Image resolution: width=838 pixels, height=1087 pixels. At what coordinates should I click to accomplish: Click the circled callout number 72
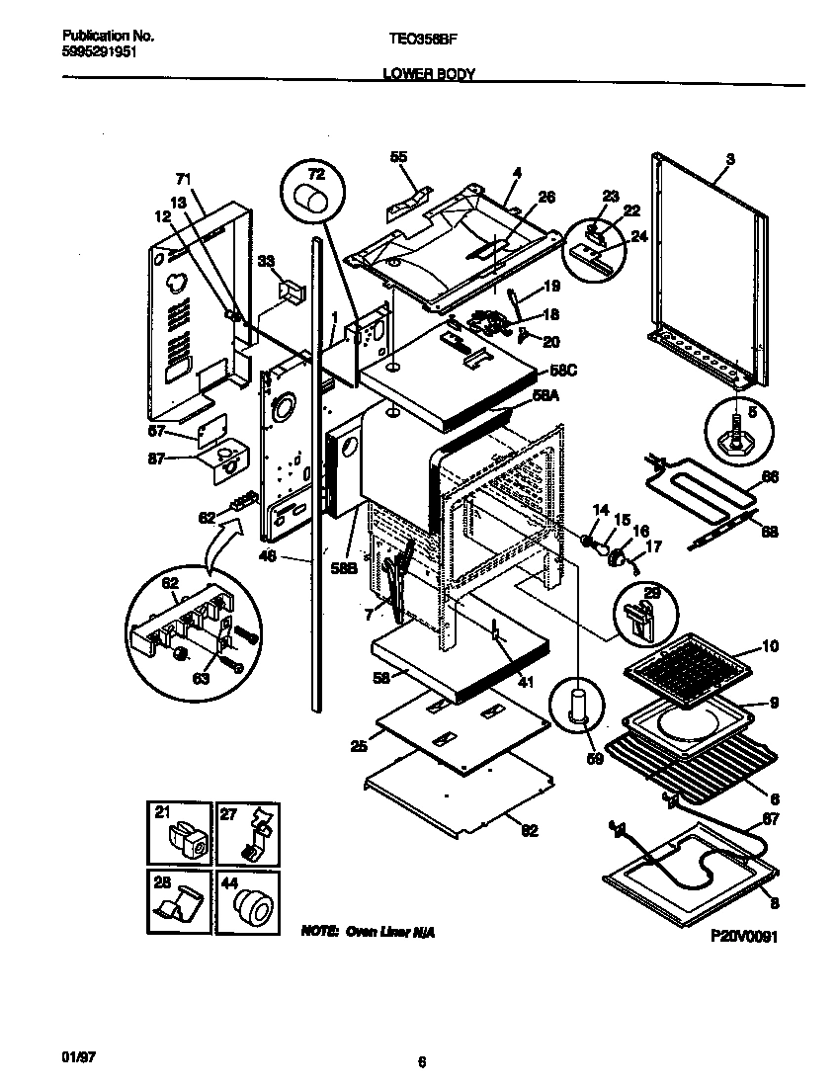[315, 173]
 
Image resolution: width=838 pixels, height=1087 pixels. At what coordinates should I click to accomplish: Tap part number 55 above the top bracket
[398, 156]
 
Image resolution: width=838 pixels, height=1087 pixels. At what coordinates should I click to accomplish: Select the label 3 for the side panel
[729, 159]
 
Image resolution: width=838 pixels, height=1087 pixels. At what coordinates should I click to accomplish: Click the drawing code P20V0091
[743, 937]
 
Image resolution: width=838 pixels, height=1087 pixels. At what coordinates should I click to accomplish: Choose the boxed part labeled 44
[247, 901]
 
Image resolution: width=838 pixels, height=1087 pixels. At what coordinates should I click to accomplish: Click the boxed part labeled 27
[247, 832]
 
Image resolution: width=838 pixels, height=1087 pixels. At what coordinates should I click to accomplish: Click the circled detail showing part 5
[736, 428]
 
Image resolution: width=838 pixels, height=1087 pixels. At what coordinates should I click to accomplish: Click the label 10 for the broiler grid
[770, 647]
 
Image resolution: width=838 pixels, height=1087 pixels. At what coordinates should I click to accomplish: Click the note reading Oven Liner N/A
[368, 932]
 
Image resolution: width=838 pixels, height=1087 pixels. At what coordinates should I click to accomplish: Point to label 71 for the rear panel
[183, 179]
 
